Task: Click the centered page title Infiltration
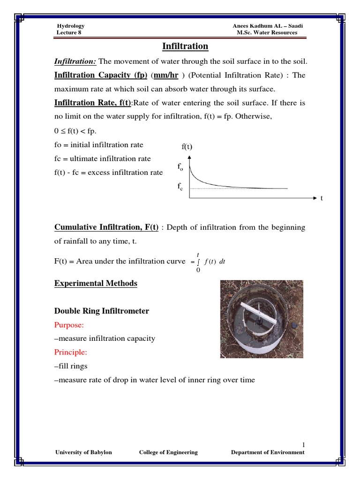[x=185, y=46]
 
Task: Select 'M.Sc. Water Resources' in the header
[x=268, y=33]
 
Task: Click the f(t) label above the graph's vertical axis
[x=187, y=147]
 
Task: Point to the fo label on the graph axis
[x=180, y=167]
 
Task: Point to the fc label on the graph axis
[x=180, y=187]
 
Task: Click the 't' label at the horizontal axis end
[x=322, y=199]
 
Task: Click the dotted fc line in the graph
[x=244, y=188]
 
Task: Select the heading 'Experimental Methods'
[x=96, y=284]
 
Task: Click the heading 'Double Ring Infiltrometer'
[x=102, y=311]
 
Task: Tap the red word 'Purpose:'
[x=68, y=324]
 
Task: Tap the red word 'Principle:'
[x=70, y=352]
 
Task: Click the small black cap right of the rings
[x=294, y=324]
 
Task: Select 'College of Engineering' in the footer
[x=168, y=452]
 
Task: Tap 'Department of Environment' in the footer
[x=268, y=452]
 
